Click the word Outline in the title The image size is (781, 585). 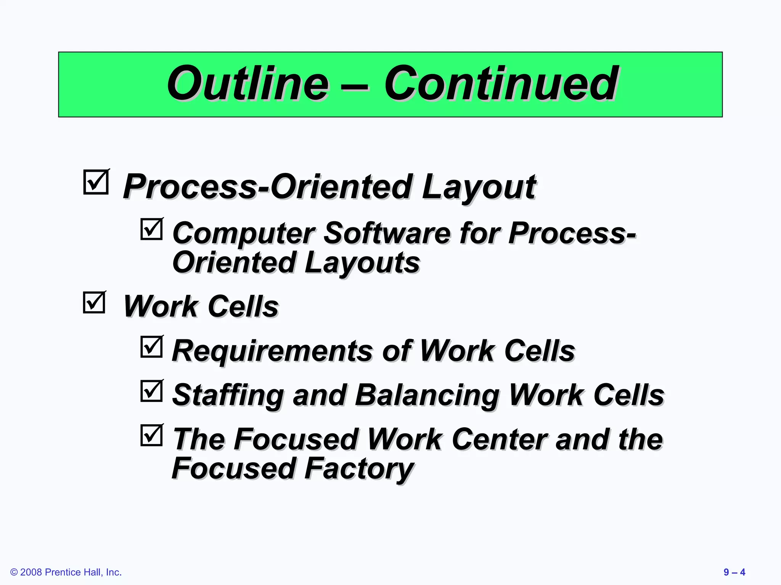tap(248, 84)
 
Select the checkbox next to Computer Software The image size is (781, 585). tap(151, 229)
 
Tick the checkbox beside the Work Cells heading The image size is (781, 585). tap(94, 303)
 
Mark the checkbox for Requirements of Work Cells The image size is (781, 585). tap(151, 347)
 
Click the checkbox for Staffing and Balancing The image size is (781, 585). tap(151, 391)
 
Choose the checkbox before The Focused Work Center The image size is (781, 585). tap(151, 435)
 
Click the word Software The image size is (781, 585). tap(387, 233)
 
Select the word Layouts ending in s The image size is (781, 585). tap(362, 263)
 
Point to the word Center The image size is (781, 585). tap(500, 440)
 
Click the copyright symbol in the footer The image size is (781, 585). tap(14, 572)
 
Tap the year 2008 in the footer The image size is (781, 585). tap(31, 572)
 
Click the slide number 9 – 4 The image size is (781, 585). tap(734, 572)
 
